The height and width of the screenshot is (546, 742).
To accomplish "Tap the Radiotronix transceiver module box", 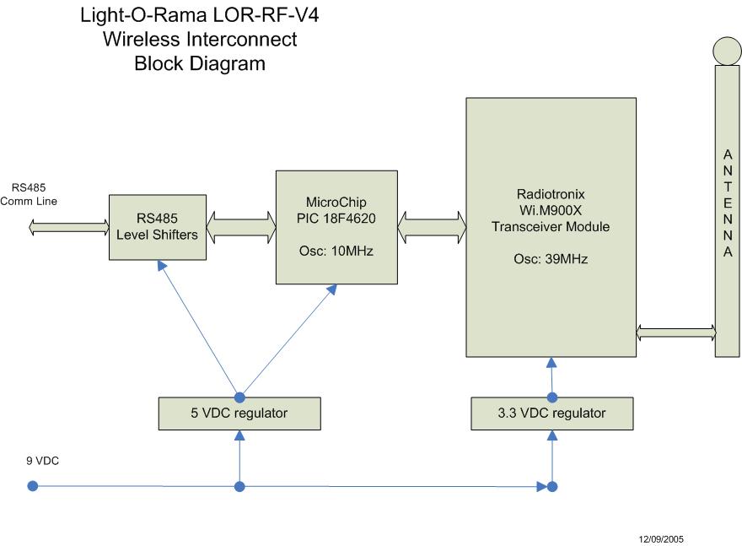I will pyautogui.click(x=552, y=226).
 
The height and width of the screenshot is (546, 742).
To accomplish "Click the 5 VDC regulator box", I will pyautogui.click(x=239, y=413).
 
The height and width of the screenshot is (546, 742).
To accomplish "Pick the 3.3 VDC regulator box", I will pyautogui.click(x=551, y=413).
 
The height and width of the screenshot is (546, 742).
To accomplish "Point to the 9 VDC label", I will pyautogui.click(x=42, y=461).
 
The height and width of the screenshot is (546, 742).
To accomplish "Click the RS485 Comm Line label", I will pyautogui.click(x=34, y=193).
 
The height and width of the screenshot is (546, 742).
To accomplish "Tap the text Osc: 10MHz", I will pyautogui.click(x=336, y=251).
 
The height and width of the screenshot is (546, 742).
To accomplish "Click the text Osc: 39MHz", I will pyautogui.click(x=552, y=259).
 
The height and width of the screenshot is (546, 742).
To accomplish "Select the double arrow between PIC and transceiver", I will pyautogui.click(x=432, y=227).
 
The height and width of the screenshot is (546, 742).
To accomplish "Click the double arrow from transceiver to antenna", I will pyautogui.click(x=675, y=333).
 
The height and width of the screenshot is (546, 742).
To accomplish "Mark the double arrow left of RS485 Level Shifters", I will pyautogui.click(x=69, y=227).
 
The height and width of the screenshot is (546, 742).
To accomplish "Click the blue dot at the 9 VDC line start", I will pyautogui.click(x=32, y=486).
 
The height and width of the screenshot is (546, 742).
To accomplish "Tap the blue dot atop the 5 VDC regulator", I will pyautogui.click(x=239, y=397).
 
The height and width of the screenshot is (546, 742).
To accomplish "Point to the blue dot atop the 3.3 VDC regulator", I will pyautogui.click(x=552, y=397).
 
